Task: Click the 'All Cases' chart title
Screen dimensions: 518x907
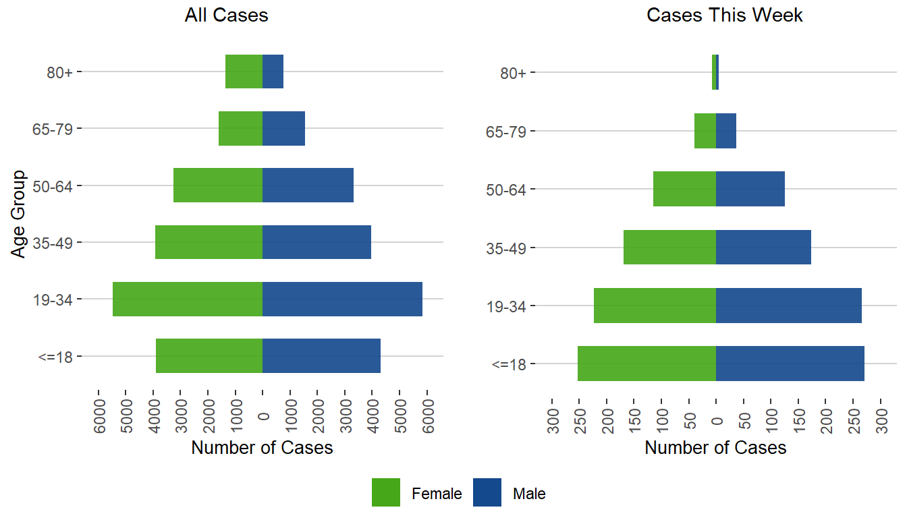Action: point(226,16)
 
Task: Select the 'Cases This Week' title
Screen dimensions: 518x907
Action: point(725,16)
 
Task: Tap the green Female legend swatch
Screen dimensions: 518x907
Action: point(386,492)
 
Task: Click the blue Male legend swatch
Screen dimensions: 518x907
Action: point(487,492)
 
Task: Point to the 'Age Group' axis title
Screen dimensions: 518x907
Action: point(19,213)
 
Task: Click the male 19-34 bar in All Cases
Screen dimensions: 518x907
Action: point(342,299)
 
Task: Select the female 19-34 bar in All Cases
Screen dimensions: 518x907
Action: point(188,299)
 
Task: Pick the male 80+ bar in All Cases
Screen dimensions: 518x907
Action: point(273,71)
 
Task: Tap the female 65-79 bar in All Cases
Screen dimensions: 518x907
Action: point(240,128)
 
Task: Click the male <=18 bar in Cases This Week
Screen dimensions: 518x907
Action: point(790,364)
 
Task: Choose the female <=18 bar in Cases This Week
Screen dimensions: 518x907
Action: point(647,364)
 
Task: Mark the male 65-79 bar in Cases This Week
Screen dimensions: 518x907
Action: point(725,131)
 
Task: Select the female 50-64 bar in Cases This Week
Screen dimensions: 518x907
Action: point(684,189)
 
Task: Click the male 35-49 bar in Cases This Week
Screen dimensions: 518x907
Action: point(763,247)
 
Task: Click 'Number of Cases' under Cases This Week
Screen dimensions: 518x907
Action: point(715,448)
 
